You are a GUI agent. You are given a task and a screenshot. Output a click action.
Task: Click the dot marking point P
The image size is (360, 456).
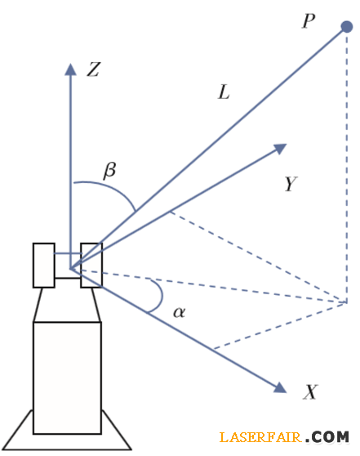coord(347,27)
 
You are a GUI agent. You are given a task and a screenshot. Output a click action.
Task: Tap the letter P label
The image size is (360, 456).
coord(309,21)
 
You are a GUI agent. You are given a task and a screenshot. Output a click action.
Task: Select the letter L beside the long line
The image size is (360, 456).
coord(224,92)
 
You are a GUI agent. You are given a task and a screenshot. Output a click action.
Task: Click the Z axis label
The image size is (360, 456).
coord(94,69)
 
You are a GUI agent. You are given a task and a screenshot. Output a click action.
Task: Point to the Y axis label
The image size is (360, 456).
coord(291,184)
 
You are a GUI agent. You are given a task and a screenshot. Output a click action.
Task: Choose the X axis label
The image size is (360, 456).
coord(310,391)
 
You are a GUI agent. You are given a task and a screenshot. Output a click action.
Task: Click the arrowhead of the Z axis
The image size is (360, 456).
coord(70,69)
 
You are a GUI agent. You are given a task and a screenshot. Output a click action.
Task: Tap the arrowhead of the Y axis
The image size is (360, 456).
coord(280,148)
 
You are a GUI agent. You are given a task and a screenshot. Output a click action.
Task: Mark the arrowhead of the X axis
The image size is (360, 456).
coord(280,387)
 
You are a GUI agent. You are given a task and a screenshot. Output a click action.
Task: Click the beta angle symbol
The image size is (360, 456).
coord(110,170)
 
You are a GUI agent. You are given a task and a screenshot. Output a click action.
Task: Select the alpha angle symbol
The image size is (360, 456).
coord(179,312)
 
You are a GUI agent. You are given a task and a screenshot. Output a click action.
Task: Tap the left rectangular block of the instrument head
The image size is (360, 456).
coord(44,266)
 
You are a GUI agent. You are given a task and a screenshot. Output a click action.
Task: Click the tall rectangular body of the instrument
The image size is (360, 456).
coord(67,378)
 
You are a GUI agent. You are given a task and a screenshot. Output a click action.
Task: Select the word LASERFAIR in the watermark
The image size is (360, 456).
coord(260,437)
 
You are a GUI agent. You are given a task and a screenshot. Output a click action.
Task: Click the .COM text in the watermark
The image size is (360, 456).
coord(327,437)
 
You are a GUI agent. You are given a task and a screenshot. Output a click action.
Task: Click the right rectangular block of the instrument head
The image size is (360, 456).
coord(91,266)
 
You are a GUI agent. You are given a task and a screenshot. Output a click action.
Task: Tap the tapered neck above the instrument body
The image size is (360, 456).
coord(67,305)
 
